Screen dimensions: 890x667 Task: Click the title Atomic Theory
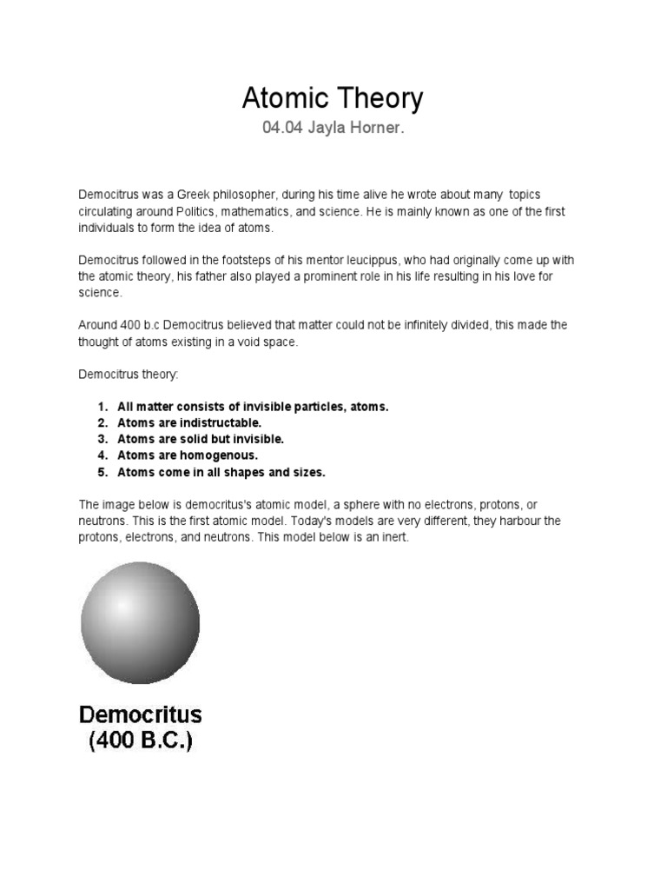click(x=333, y=99)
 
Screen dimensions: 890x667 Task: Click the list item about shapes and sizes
click(x=221, y=473)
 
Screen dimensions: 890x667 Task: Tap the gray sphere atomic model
click(x=140, y=622)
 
